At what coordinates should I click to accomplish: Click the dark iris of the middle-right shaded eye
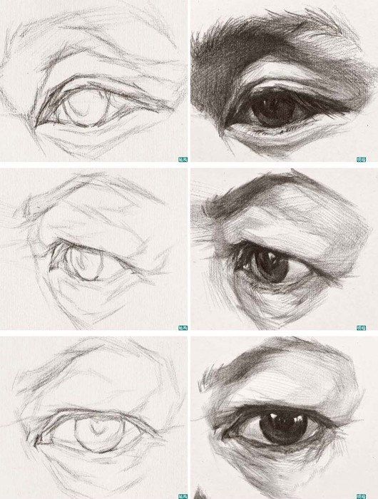(272, 264)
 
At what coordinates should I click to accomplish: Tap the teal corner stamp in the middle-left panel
(181, 327)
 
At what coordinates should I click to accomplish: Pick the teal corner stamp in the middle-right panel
(370, 327)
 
